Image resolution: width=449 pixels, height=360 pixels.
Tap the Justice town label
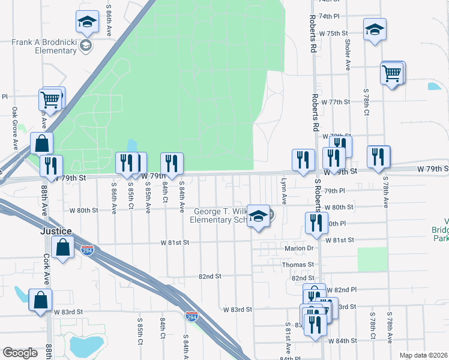click(x=56, y=231)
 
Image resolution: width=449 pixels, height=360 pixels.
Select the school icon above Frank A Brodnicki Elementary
click(x=87, y=23)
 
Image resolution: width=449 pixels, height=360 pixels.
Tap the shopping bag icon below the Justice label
click(x=63, y=247)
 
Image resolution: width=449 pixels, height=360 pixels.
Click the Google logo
click(x=20, y=353)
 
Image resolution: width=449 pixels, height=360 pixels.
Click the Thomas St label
click(x=298, y=264)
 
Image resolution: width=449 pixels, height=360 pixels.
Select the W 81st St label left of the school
click(x=174, y=242)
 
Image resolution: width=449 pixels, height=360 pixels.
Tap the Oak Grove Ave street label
click(x=15, y=128)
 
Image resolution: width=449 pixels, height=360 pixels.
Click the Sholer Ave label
click(x=348, y=54)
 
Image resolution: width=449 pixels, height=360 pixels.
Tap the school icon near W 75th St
click(x=375, y=29)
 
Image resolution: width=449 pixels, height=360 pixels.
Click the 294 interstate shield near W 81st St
click(x=88, y=251)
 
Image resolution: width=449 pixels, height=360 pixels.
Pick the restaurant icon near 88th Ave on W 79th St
click(x=51, y=165)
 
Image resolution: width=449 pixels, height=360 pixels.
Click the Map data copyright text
click(x=424, y=355)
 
